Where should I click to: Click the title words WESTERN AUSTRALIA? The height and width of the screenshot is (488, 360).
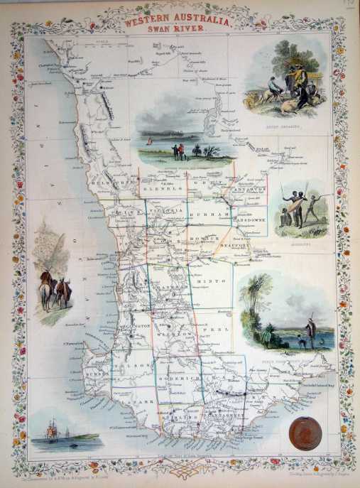179,21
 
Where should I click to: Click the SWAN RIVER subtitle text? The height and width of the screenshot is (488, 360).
179,31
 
